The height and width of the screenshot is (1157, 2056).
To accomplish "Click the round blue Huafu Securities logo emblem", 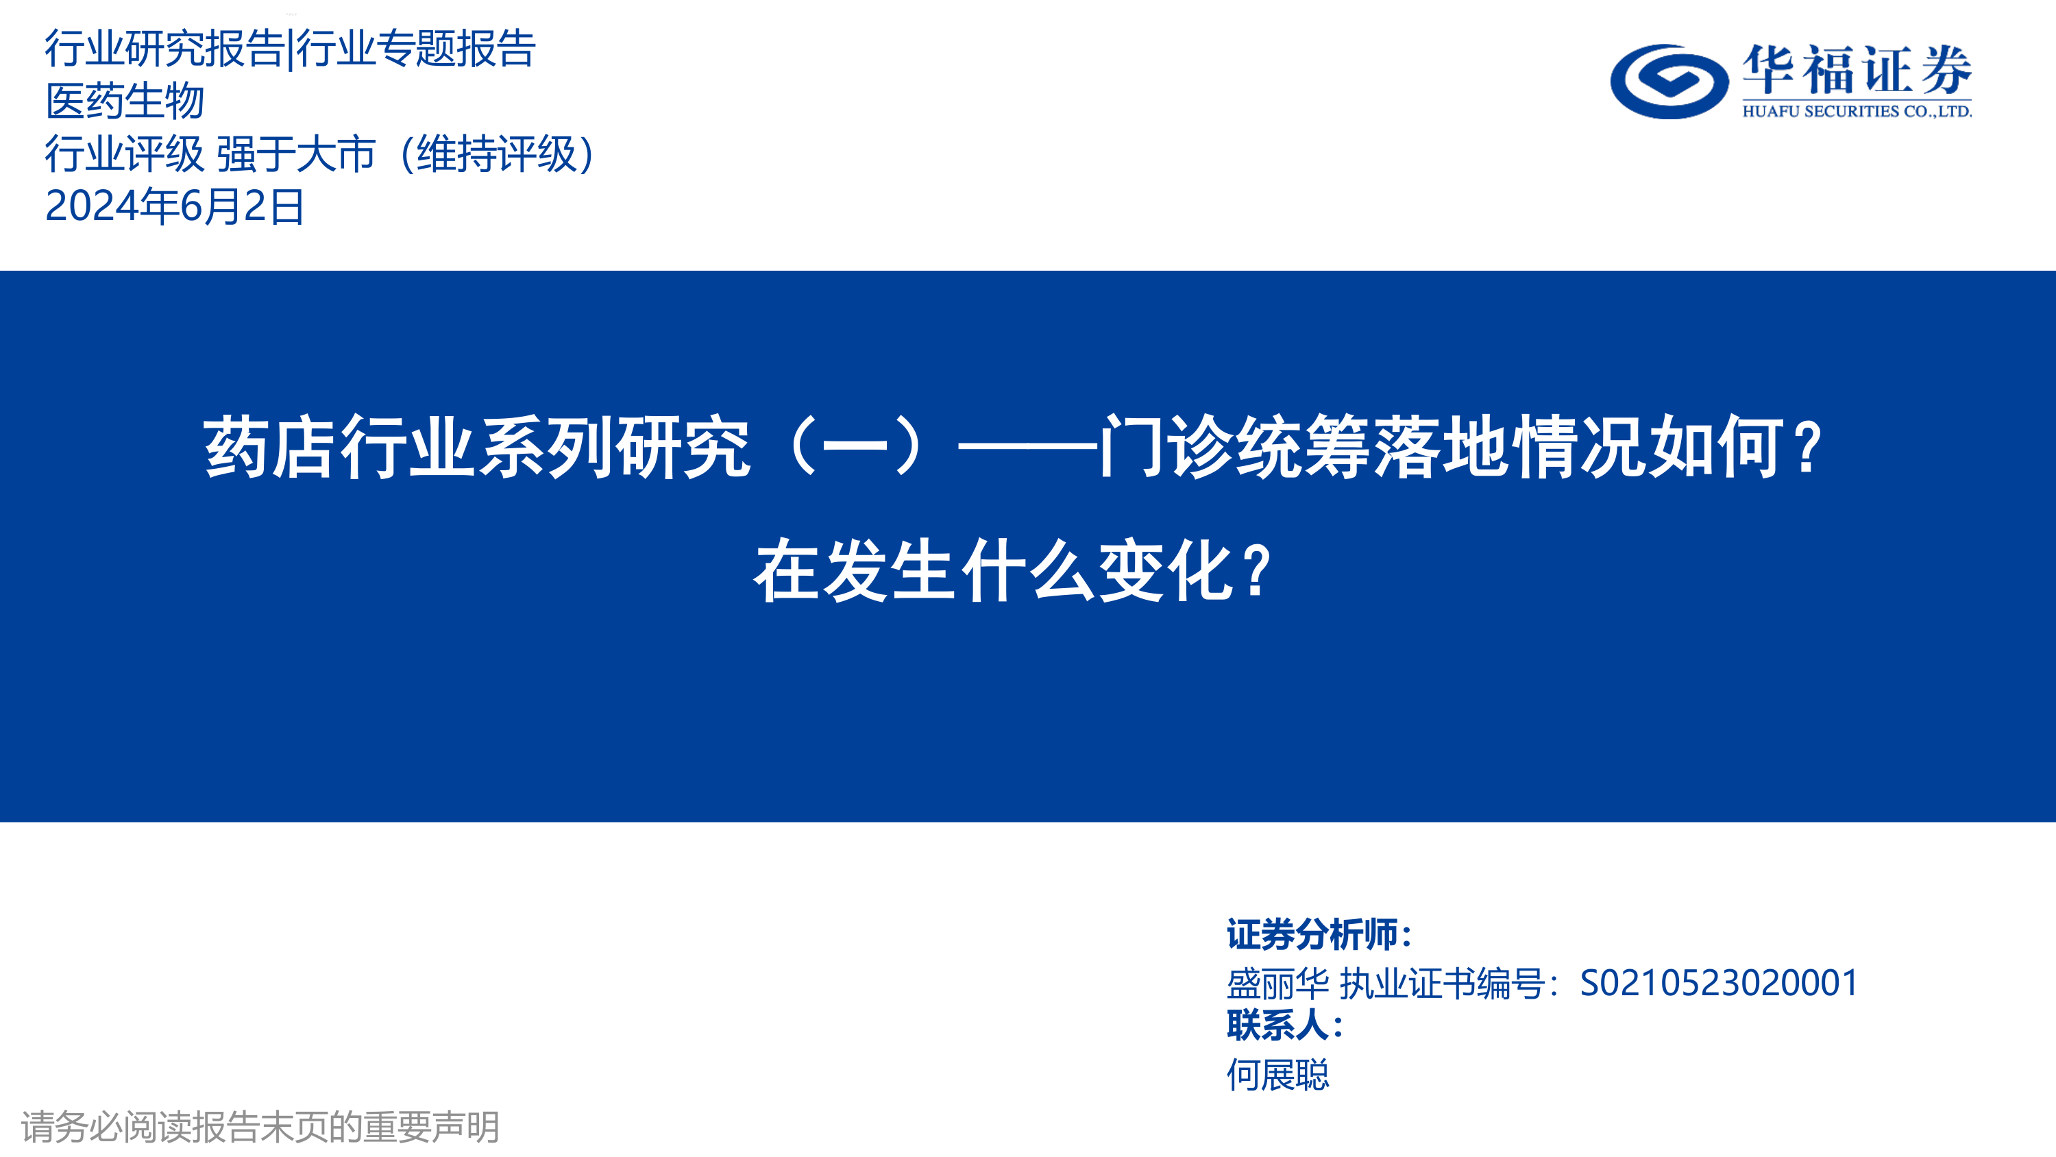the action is pyautogui.click(x=1669, y=81).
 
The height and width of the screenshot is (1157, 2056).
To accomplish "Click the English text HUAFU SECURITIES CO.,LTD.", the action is pyautogui.click(x=1857, y=112).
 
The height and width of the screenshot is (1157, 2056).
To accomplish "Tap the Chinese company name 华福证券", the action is pyautogui.click(x=1857, y=69).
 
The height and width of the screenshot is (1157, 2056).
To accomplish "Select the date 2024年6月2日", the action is pyautogui.click(x=175, y=207).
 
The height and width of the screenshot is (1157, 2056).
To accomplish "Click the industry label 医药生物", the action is pyautogui.click(x=125, y=101).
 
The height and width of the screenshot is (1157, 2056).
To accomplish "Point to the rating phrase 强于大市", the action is pyautogui.click(x=296, y=154).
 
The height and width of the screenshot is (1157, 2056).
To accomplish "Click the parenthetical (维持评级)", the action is pyautogui.click(x=496, y=154).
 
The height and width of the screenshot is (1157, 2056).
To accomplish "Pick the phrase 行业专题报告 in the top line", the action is pyautogui.click(x=416, y=49).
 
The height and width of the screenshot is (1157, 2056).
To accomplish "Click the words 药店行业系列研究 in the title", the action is pyautogui.click(x=477, y=447).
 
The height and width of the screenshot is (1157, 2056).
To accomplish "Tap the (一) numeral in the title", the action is pyautogui.click(x=855, y=446).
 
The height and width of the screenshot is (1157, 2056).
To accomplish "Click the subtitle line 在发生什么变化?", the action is pyautogui.click(x=1014, y=570).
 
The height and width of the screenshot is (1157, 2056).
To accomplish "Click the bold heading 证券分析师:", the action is pyautogui.click(x=1319, y=935).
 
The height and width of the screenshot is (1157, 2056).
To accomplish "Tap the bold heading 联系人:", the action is pyautogui.click(x=1285, y=1025).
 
